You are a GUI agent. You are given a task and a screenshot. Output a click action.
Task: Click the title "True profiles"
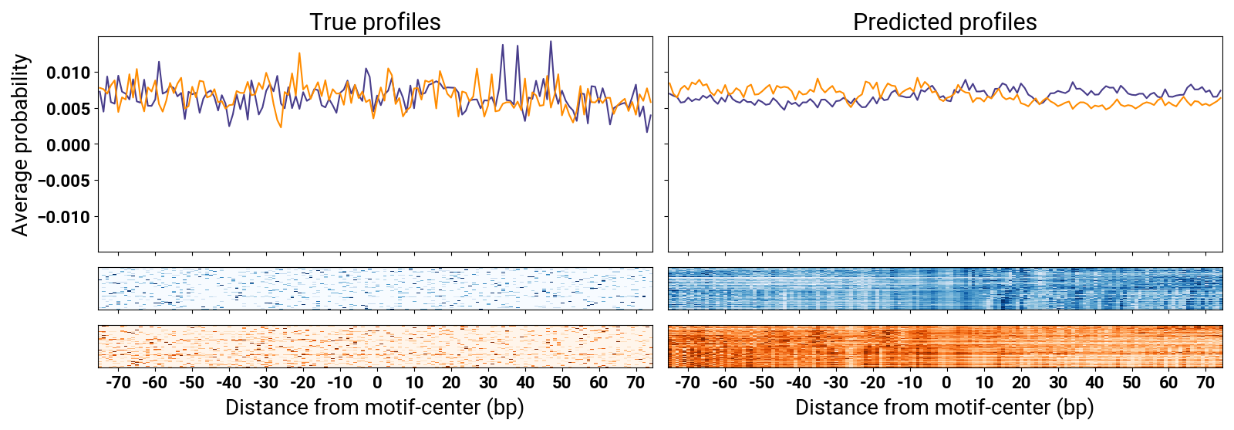point(375,22)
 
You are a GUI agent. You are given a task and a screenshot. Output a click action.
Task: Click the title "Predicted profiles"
point(945,22)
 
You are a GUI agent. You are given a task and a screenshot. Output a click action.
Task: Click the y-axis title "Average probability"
point(21,145)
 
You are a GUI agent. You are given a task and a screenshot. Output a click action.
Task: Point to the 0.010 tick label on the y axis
point(68,73)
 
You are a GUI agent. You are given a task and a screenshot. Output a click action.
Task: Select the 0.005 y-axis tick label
point(68,109)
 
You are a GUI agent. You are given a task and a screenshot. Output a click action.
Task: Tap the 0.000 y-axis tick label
point(68,145)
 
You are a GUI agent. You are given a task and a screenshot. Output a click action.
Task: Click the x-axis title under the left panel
point(375,408)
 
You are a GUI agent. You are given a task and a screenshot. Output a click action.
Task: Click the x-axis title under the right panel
point(945,408)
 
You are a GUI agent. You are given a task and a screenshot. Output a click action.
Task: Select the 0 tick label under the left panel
point(377,382)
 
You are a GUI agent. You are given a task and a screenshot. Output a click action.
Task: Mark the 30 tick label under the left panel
point(488,382)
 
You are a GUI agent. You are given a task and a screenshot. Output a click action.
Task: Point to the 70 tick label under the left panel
point(636,382)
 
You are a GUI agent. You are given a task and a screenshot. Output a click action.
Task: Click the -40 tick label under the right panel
point(798,382)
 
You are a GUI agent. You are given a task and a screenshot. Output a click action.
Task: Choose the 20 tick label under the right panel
point(1021,382)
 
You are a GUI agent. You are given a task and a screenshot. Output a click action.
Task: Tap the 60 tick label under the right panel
point(1168,382)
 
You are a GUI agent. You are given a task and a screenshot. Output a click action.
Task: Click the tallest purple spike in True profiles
point(551,42)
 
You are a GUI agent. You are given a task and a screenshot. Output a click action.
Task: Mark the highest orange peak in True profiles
point(299,53)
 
